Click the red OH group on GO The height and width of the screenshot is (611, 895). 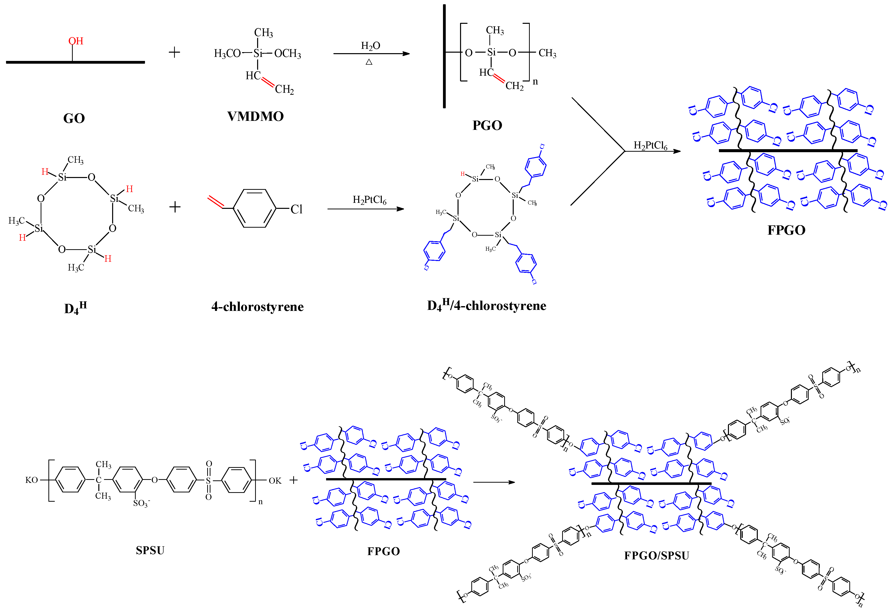point(76,41)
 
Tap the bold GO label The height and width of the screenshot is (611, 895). point(74,118)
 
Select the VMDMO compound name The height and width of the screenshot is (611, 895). point(255,116)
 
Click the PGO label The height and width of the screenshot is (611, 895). point(487,126)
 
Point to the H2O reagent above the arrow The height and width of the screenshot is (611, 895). point(370,46)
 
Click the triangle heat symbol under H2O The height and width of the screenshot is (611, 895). point(369,62)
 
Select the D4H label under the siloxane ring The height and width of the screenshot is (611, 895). point(76,308)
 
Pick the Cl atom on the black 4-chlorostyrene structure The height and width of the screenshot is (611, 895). point(296,209)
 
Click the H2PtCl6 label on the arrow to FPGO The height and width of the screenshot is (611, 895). point(650,145)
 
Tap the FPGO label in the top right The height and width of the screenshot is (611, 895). point(786,230)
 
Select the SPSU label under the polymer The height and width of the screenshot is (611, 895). point(150,550)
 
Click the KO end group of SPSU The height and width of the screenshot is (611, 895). point(32,480)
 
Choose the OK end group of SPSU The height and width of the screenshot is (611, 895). point(275,480)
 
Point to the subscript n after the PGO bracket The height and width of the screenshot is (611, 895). point(535,82)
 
